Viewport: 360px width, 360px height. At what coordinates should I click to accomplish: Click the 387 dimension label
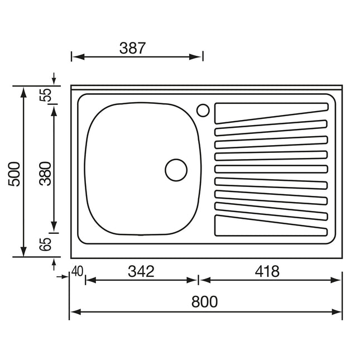(132, 48)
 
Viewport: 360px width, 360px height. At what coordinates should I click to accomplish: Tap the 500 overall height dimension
(14, 174)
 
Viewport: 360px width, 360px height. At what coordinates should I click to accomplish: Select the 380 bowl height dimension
(45, 174)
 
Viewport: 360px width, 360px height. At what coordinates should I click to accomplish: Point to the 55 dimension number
(45, 95)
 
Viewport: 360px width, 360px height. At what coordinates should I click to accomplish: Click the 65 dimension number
(45, 244)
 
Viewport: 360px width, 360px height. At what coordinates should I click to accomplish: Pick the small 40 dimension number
(77, 271)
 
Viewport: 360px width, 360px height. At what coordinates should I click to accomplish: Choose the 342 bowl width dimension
(141, 271)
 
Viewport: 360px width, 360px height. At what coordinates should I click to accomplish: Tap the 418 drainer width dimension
(267, 271)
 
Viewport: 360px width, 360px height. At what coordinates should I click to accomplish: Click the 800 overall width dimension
(204, 302)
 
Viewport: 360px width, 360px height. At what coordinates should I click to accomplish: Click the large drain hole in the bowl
(176, 170)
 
